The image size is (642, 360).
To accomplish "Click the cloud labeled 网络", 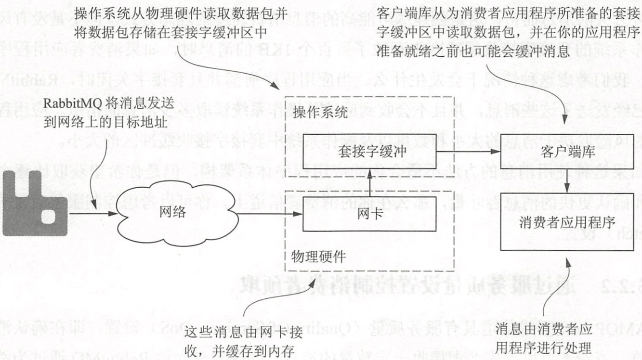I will click(x=172, y=212).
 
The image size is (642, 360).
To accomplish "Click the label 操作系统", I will click(x=320, y=114).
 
